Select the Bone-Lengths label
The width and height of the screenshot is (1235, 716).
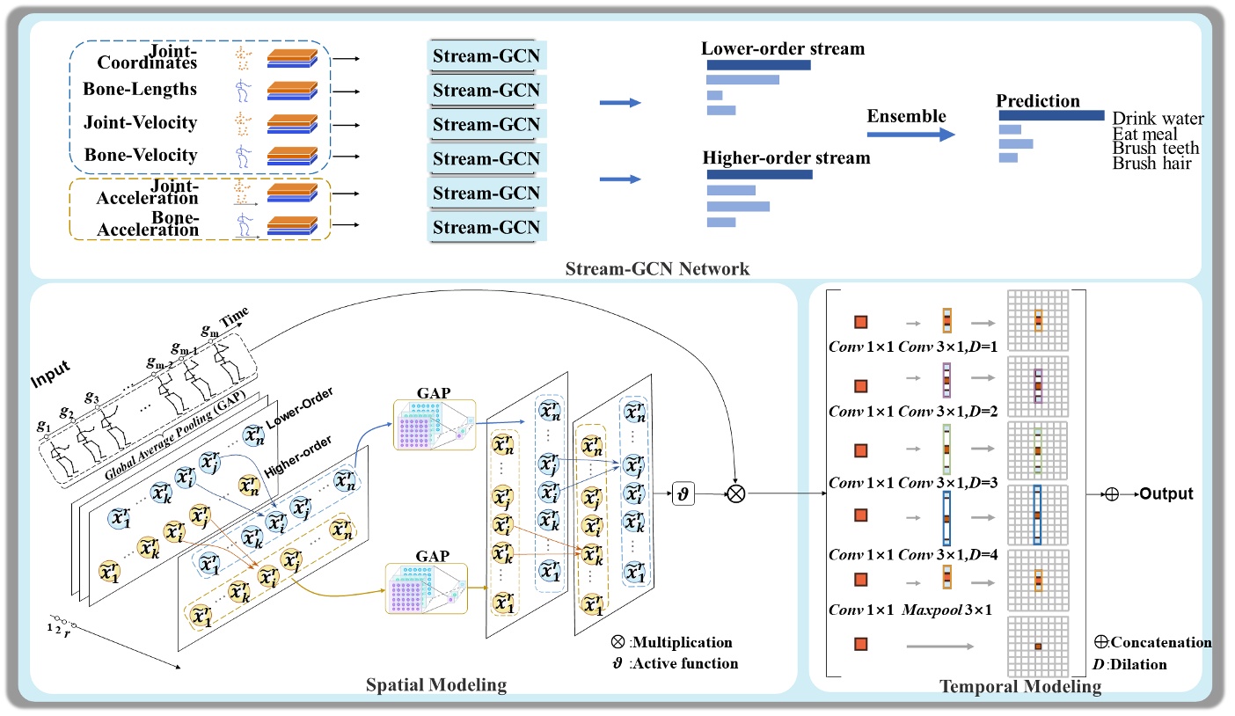[x=140, y=90]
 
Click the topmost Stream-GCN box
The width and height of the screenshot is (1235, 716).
[x=486, y=57]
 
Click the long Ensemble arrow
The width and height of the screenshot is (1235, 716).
[x=910, y=135]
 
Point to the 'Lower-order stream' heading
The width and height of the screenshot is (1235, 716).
[x=783, y=48]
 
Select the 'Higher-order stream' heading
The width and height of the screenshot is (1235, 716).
[x=786, y=158]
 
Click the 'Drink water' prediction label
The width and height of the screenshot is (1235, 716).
[x=1158, y=118]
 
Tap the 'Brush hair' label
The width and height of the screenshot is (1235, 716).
[x=1152, y=163]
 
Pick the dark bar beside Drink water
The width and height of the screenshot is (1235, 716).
[x=1050, y=115]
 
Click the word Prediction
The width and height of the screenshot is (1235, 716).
[x=1038, y=100]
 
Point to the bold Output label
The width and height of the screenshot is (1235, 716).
[x=1166, y=494]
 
